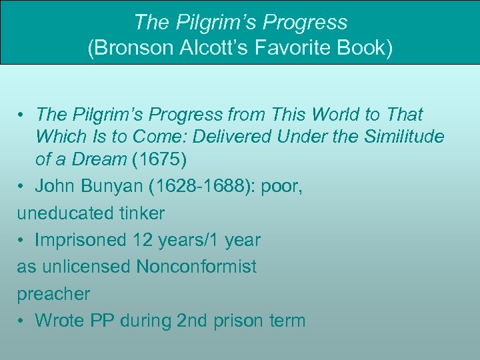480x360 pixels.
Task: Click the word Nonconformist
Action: coord(196,267)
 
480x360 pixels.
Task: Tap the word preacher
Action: coord(53,293)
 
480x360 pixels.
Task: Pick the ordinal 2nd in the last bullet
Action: coord(193,321)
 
